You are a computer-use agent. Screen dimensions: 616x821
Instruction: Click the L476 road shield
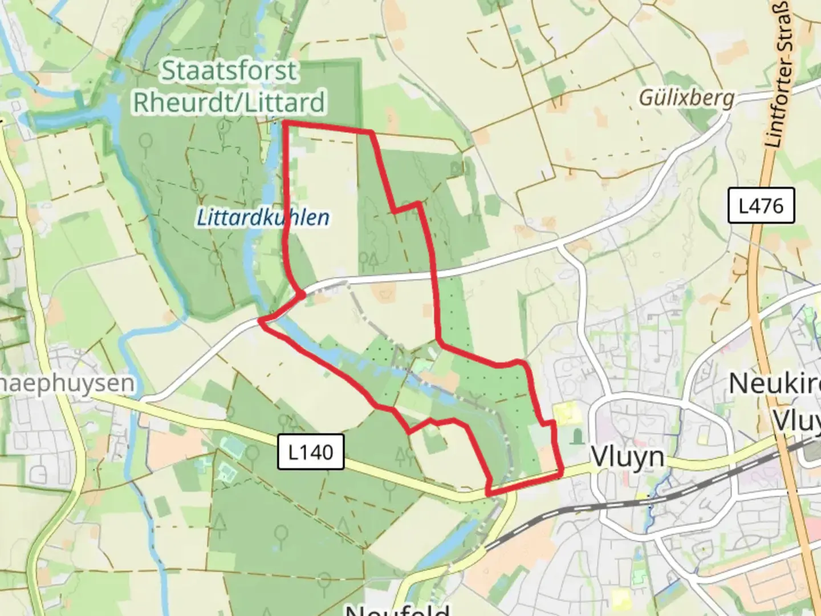tap(761, 206)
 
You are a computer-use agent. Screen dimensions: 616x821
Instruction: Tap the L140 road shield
tap(311, 452)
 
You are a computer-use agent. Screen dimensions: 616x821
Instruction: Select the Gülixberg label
tap(686, 98)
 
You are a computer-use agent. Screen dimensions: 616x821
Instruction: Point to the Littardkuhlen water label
tap(263, 218)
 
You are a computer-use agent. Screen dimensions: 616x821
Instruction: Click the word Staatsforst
tap(229, 71)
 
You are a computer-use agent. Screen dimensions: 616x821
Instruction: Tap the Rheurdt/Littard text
tap(229, 103)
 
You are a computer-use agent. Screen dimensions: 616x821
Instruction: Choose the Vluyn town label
tap(628, 457)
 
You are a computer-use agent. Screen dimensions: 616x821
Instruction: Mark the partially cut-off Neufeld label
tap(397, 609)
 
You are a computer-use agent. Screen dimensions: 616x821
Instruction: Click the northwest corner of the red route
tap(284, 123)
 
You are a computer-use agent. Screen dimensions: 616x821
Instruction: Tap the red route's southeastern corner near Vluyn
tap(562, 473)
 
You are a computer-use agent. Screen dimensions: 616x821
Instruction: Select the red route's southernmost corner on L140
tap(489, 492)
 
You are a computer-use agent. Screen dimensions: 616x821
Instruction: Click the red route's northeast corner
tap(372, 132)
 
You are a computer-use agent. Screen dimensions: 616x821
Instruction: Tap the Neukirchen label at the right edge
tap(775, 384)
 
